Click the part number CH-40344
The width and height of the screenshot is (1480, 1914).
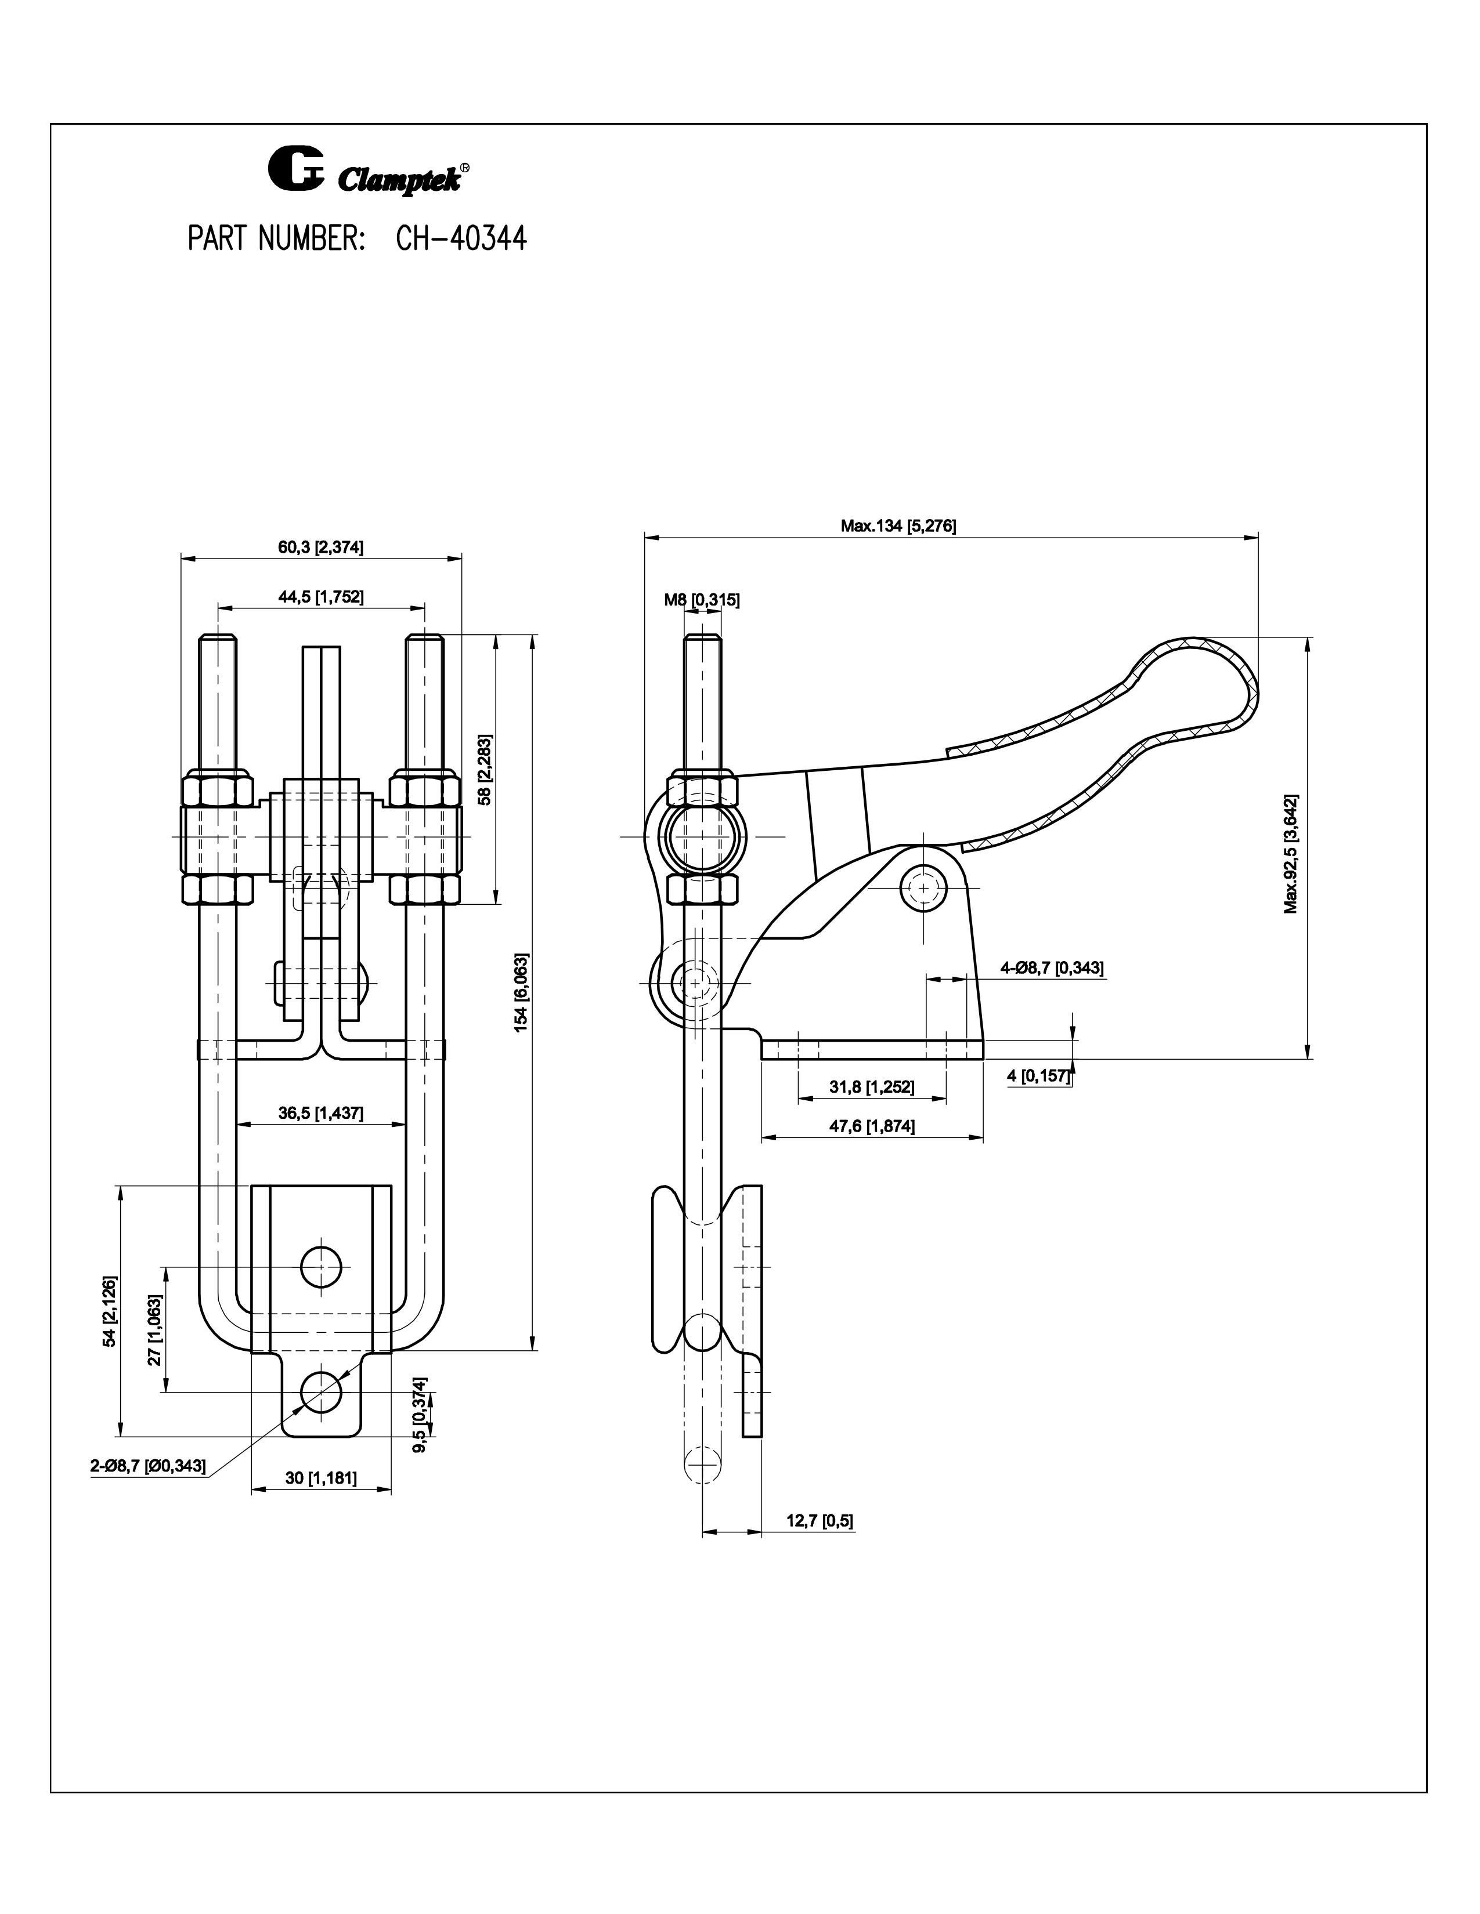tap(461, 238)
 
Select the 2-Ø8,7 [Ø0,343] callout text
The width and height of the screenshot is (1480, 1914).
tap(148, 1467)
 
